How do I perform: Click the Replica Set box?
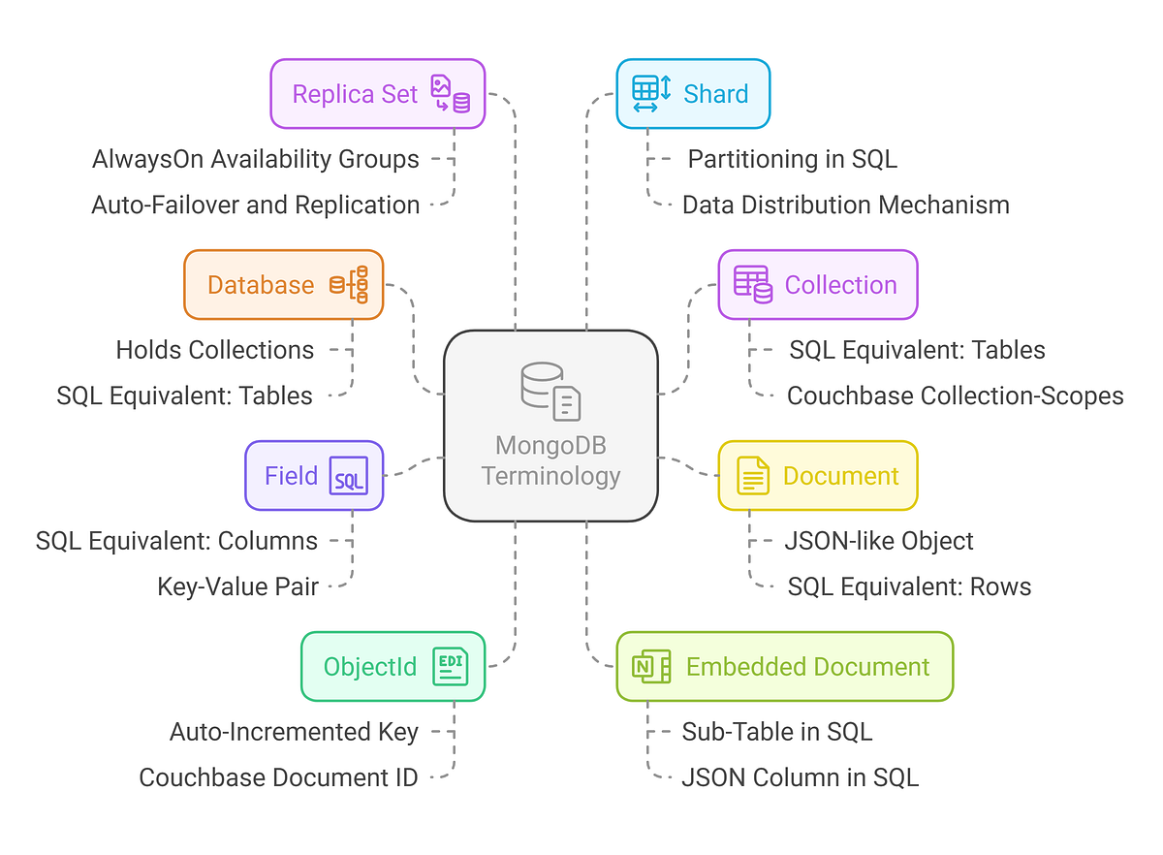point(377,94)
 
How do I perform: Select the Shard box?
point(693,94)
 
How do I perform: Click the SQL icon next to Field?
point(349,476)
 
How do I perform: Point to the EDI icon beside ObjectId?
point(450,667)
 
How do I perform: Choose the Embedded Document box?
point(785,667)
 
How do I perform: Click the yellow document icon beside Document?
point(752,476)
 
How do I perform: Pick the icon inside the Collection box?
point(753,285)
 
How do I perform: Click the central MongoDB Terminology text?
point(550,460)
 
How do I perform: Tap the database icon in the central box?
point(550,391)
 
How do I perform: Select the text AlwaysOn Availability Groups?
point(256,159)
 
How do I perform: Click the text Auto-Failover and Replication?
point(256,206)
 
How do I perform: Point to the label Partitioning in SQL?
point(792,159)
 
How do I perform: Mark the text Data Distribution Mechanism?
point(845,206)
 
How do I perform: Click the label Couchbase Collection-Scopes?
point(955,396)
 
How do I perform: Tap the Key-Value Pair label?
point(237,586)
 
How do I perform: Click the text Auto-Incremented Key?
point(294,732)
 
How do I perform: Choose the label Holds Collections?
point(215,350)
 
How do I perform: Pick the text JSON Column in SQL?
point(800,777)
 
